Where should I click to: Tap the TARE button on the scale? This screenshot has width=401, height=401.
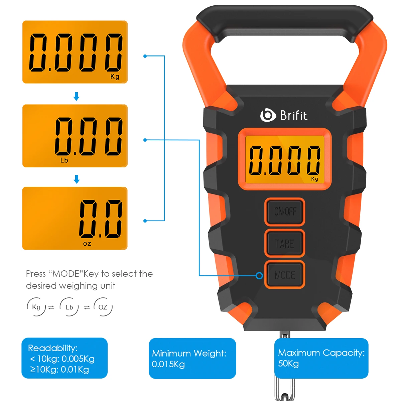click(x=284, y=243)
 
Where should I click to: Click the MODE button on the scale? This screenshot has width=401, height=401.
click(x=284, y=274)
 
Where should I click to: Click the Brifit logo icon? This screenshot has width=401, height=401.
click(x=268, y=115)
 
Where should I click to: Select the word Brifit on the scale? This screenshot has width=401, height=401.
click(x=294, y=115)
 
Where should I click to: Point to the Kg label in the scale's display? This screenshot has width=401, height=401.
click(x=314, y=179)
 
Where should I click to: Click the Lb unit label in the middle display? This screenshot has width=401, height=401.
click(x=64, y=160)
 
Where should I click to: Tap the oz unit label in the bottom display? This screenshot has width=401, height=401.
click(x=87, y=244)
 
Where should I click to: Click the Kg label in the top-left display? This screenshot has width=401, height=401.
click(x=115, y=77)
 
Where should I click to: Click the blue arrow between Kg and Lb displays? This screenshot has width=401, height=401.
click(x=77, y=96)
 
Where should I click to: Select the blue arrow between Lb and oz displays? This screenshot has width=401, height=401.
click(x=77, y=179)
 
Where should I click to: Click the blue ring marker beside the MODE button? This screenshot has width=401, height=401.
click(x=259, y=276)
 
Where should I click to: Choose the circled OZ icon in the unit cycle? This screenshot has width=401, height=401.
click(x=103, y=307)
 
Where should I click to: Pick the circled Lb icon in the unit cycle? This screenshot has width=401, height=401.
click(x=69, y=307)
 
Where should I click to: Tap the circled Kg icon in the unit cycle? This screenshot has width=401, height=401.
click(x=36, y=307)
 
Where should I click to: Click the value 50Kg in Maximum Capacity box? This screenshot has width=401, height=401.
click(x=288, y=363)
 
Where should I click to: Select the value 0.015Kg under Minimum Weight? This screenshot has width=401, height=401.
click(x=168, y=364)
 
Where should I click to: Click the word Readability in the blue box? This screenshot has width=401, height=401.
click(x=53, y=348)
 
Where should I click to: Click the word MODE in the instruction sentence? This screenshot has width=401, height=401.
click(x=66, y=274)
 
